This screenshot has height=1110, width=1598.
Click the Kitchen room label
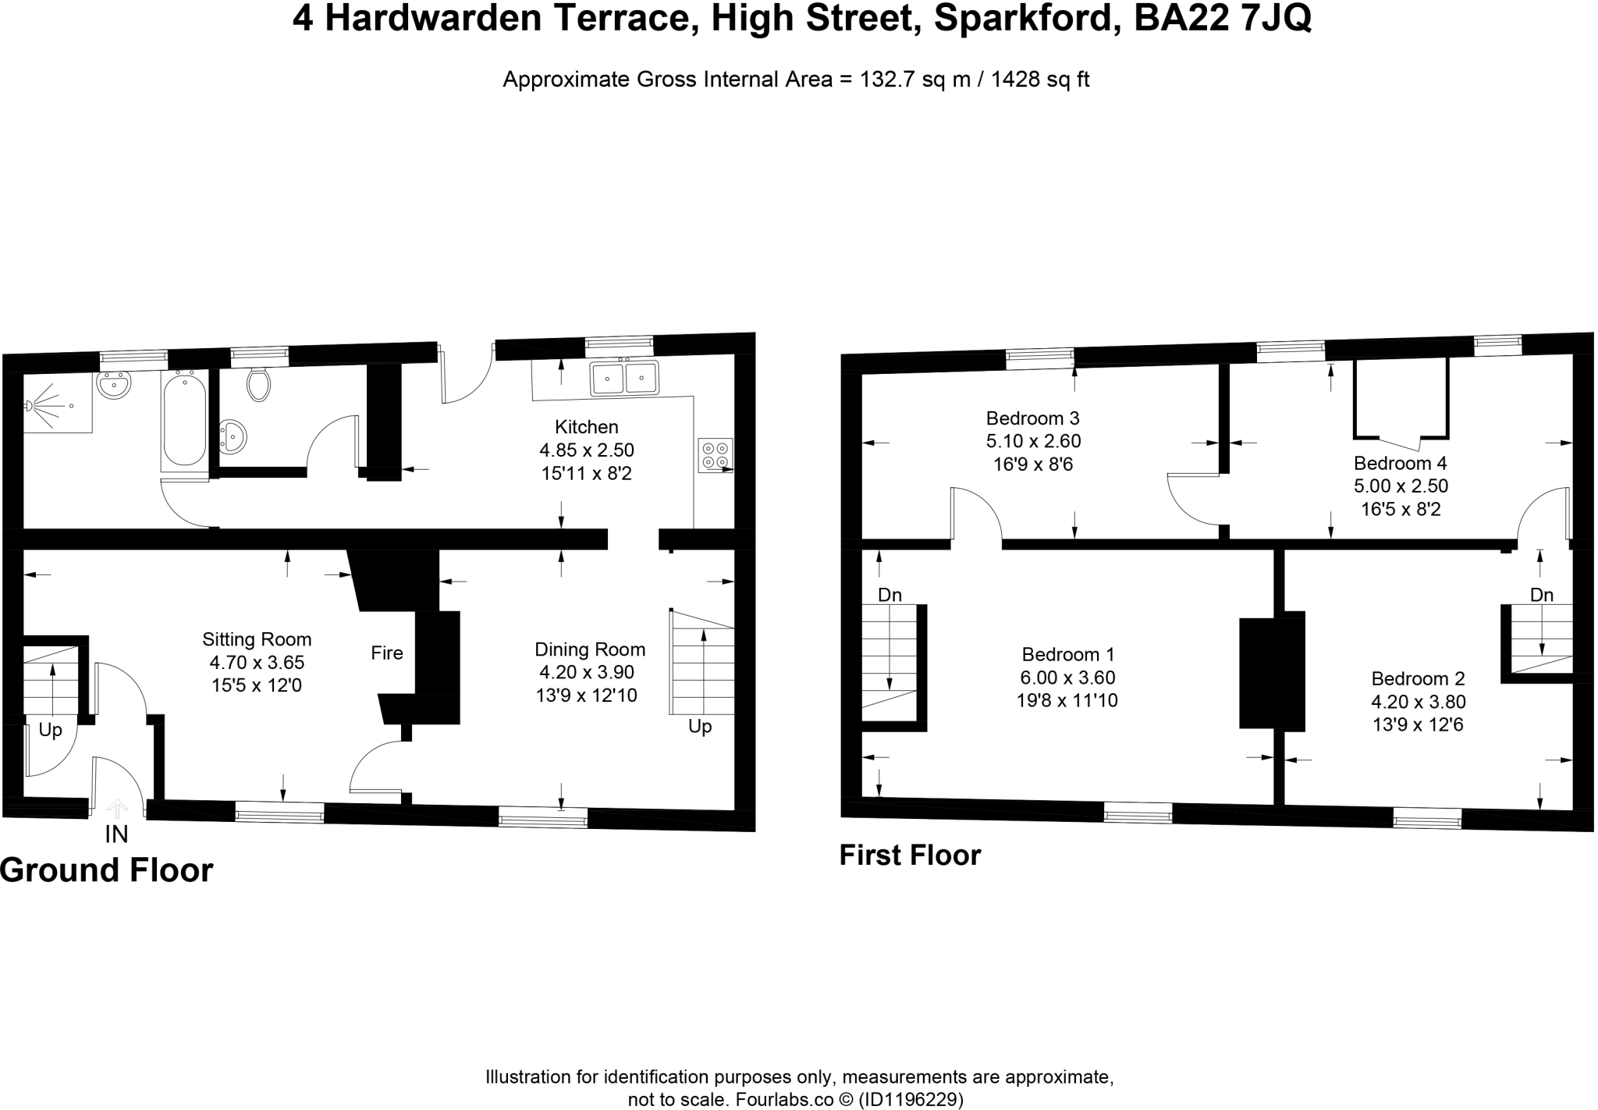tap(586, 427)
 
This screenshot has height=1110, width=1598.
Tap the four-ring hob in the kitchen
tap(715, 455)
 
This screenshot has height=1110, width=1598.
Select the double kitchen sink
tap(623, 378)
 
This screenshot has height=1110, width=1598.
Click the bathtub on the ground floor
tap(185, 419)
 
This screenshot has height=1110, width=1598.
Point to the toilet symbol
tap(258, 384)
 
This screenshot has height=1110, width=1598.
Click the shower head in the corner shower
tap(31, 405)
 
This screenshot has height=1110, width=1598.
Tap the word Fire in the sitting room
tap(387, 653)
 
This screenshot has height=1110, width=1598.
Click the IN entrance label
tap(116, 834)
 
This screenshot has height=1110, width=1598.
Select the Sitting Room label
tap(257, 639)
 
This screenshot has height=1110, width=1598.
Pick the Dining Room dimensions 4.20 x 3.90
tap(586, 672)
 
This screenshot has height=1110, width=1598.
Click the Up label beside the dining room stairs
tap(700, 727)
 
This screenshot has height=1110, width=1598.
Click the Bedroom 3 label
tap(1032, 418)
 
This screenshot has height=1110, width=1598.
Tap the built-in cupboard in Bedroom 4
tap(1401, 399)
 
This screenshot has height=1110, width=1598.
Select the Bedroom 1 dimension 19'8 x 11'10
tap(1067, 700)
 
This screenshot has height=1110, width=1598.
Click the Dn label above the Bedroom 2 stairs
tap(1541, 595)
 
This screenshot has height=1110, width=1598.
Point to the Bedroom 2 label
tap(1418, 678)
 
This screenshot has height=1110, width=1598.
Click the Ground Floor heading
tap(106, 870)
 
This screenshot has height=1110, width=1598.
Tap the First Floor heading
tap(910, 856)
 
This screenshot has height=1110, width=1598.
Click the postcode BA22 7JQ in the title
tap(1222, 19)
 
